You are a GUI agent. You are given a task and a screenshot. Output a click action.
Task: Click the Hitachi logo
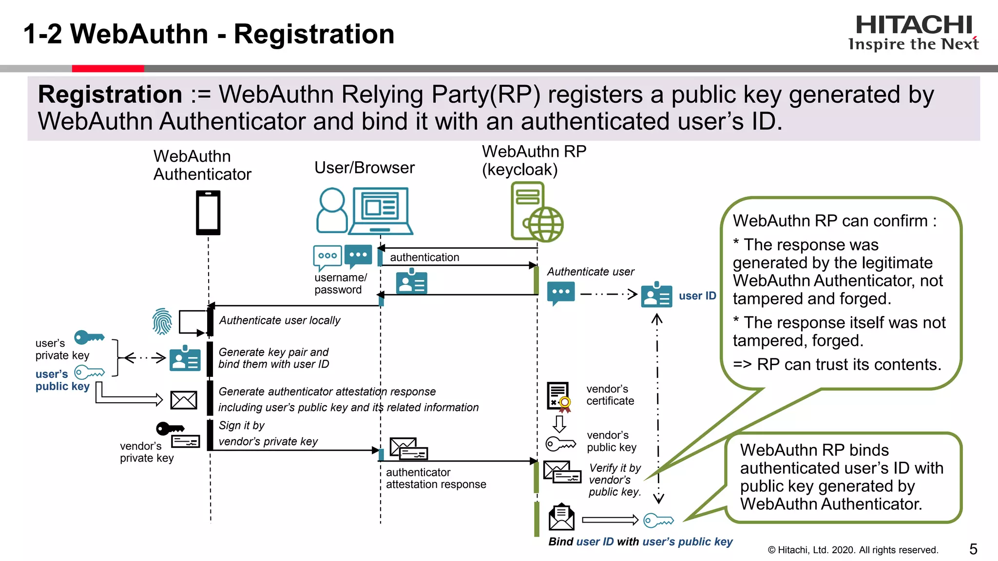point(913,33)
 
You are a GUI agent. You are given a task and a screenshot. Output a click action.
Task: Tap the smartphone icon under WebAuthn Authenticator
point(208,213)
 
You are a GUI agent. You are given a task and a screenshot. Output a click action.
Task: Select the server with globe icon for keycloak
point(536,212)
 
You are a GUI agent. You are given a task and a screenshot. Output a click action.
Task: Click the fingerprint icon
point(162,321)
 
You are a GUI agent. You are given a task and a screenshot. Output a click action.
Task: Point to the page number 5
point(973,549)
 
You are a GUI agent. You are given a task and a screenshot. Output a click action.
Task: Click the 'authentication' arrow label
point(424,257)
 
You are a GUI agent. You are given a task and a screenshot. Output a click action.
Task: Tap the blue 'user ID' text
point(697,296)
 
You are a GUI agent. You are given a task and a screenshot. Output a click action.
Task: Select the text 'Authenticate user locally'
point(279,320)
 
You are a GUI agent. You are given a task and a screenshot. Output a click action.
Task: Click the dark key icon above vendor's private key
point(170,429)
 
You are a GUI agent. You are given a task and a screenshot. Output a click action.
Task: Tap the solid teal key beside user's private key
point(89,337)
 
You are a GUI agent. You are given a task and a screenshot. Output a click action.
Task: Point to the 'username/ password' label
point(340,283)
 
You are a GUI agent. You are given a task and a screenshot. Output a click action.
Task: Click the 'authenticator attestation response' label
point(436,478)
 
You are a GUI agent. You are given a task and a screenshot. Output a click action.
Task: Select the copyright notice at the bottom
point(853,550)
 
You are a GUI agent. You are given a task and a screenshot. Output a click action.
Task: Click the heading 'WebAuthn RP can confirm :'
point(834,221)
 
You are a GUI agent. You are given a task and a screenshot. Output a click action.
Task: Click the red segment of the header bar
point(108,69)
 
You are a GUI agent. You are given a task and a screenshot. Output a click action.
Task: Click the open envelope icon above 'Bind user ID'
point(561,517)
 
